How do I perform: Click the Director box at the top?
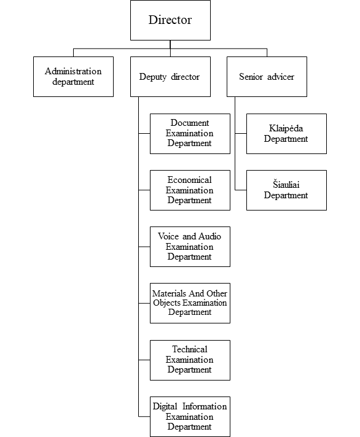coord(170,20)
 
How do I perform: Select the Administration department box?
coord(73,77)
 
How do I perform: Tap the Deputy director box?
coord(170,77)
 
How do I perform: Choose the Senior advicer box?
coord(267,77)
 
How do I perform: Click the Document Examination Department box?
coord(190,134)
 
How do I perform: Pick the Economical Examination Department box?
coord(190,190)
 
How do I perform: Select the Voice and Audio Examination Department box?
coord(190,247)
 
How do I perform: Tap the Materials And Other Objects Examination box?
coord(190,303)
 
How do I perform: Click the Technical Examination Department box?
coord(190,360)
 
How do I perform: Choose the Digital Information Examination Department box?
coord(190,417)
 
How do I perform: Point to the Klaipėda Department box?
coord(287,134)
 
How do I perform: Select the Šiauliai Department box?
coord(287,190)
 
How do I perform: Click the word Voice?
coord(169,236)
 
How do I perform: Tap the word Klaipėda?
coord(286,128)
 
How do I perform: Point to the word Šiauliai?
coord(286,185)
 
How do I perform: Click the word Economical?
coord(190,180)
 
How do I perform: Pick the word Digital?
coord(165,407)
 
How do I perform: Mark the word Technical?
coord(190,349)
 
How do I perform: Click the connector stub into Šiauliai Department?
coord(241,190)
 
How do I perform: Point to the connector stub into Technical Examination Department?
coord(144,360)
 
